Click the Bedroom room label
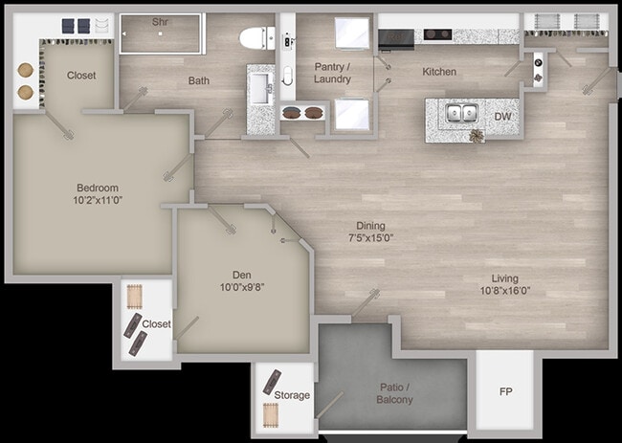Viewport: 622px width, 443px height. click(98, 188)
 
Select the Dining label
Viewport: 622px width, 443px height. click(370, 226)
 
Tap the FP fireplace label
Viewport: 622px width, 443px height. click(505, 392)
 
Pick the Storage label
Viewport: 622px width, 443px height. click(292, 395)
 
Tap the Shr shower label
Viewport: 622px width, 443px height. click(160, 20)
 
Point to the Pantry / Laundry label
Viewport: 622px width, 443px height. click(333, 73)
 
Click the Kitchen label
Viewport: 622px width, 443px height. click(439, 72)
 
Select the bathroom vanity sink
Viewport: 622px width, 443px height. click(259, 91)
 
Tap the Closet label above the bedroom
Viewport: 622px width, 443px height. click(81, 75)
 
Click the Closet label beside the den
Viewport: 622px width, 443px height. click(156, 324)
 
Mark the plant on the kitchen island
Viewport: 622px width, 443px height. click(477, 137)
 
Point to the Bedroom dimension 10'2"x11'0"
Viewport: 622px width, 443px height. click(98, 202)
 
